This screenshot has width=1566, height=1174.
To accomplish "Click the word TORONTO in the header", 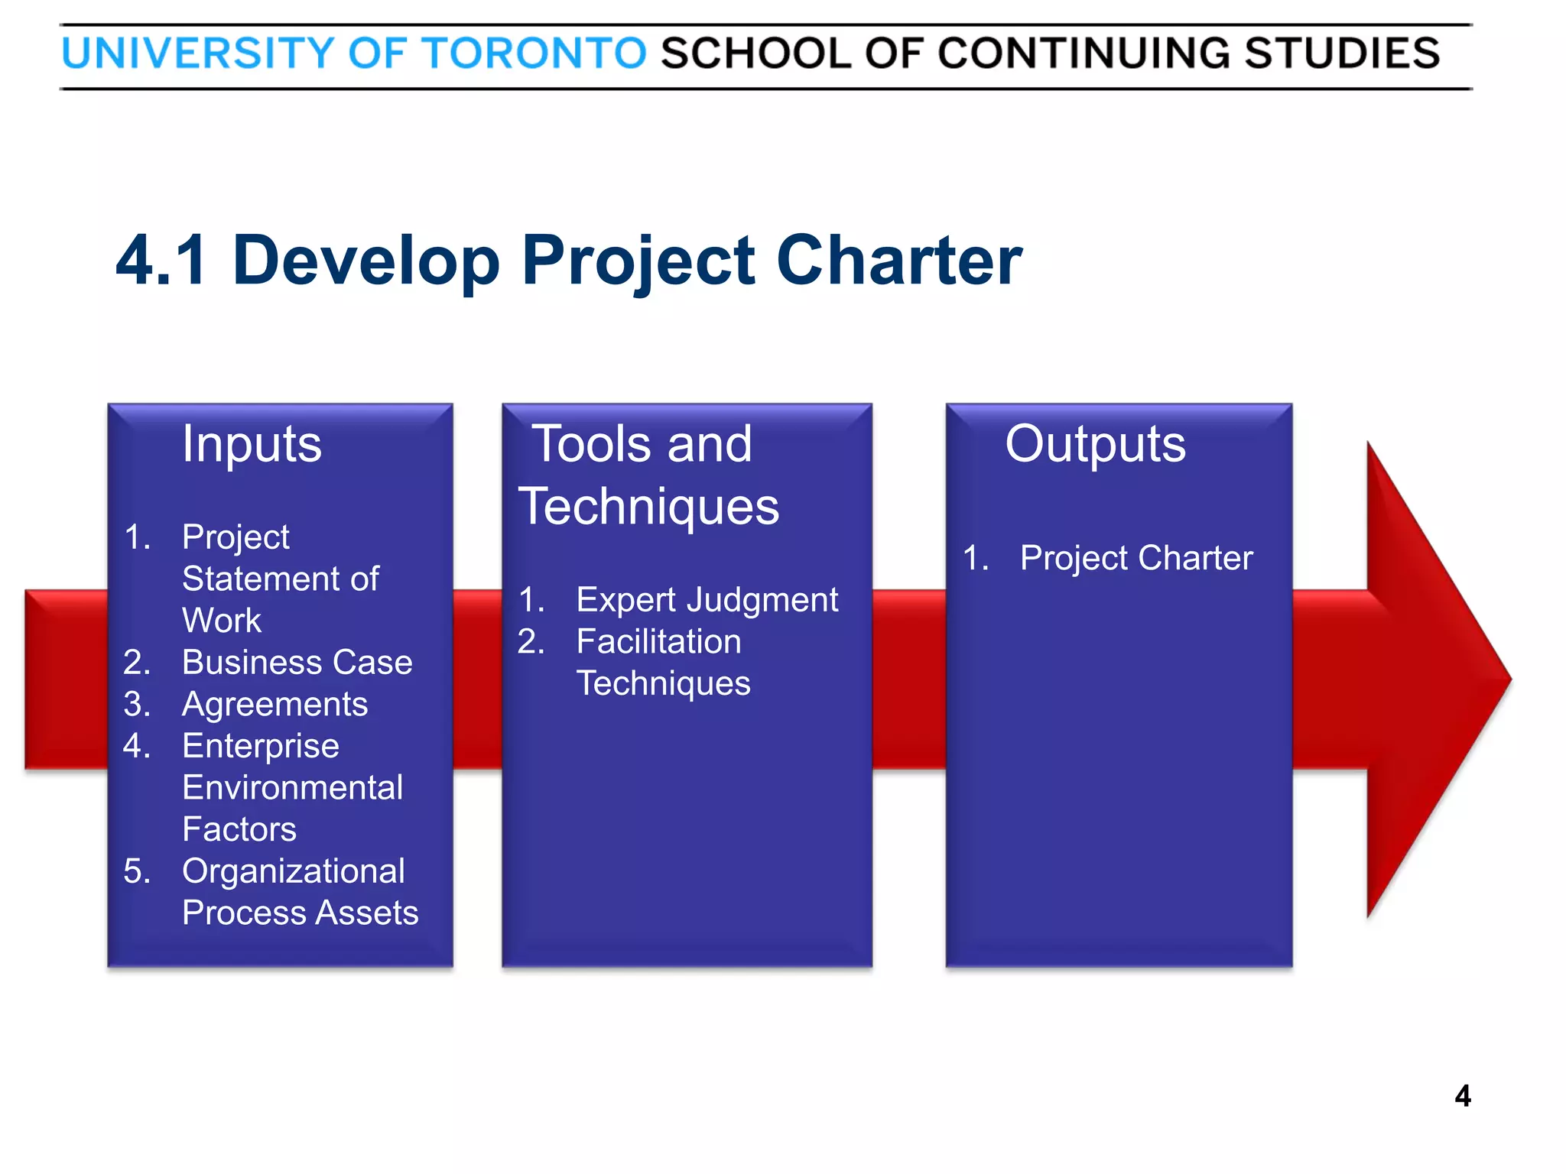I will (534, 54).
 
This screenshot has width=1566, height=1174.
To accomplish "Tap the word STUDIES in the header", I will (1342, 54).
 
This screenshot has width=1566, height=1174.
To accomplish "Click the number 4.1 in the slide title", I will (161, 261).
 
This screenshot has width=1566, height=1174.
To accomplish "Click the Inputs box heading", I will (252, 444).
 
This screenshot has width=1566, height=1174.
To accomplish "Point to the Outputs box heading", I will (1095, 444).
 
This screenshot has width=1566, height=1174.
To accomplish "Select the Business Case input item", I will (297, 663).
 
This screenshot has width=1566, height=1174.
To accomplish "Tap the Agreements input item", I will (275, 704).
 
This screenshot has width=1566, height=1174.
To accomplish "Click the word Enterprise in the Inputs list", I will (261, 746).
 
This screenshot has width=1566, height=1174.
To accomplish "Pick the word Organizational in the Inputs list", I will (294, 871).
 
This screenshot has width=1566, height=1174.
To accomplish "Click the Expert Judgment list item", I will (707, 600).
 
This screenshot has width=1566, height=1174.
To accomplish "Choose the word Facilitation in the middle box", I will (658, 641).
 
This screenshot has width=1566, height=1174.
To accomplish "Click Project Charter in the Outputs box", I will (1136, 558).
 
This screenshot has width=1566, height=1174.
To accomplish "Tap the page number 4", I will (1462, 1096).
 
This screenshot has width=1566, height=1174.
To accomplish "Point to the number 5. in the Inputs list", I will (137, 871).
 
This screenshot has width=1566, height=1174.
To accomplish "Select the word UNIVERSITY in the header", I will (198, 54).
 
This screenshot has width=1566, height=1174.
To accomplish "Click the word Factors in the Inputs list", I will (239, 829).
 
